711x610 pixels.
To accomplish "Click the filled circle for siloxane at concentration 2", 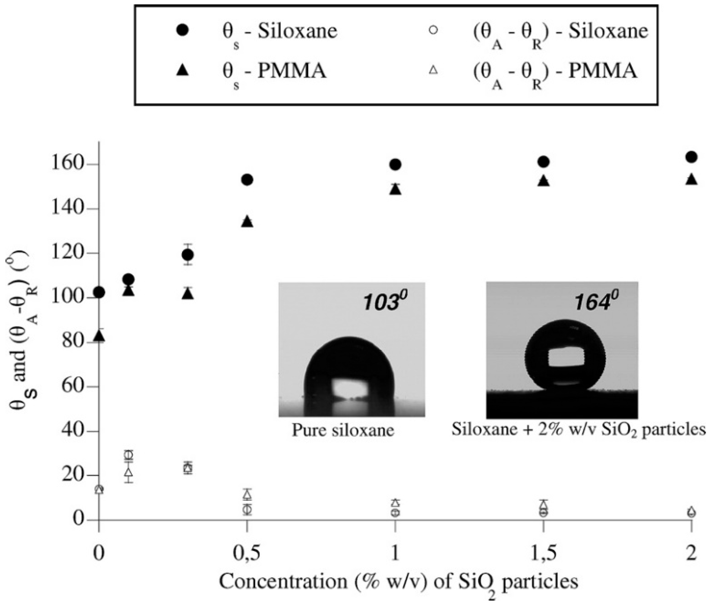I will click(x=691, y=157).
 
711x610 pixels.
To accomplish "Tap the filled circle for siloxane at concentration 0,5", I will click(x=247, y=179).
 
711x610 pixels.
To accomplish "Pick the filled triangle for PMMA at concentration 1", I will click(x=395, y=189).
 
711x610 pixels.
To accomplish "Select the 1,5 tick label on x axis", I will click(x=543, y=553).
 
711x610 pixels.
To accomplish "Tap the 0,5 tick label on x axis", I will click(x=247, y=553).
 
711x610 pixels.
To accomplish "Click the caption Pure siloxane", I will click(x=343, y=430).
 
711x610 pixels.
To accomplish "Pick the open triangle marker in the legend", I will click(x=434, y=70).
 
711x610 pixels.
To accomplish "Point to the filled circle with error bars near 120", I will click(x=188, y=254).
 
